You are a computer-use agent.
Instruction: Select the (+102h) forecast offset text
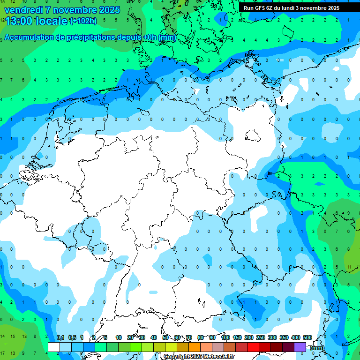click(x=83, y=21)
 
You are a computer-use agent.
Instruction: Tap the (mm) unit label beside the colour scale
click(x=317, y=348)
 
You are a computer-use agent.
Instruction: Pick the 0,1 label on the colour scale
click(x=60, y=337)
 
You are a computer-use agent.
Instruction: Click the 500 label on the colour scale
click(x=307, y=337)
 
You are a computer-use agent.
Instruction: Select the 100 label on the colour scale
click(x=225, y=337)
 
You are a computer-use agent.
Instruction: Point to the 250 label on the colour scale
click(x=261, y=337)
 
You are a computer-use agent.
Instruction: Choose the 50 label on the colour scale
click(x=165, y=337)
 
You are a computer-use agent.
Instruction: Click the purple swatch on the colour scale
click(x=300, y=347)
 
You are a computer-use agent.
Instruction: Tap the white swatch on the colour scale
click(x=54, y=347)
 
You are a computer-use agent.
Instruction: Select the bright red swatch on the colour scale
click(x=253, y=347)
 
